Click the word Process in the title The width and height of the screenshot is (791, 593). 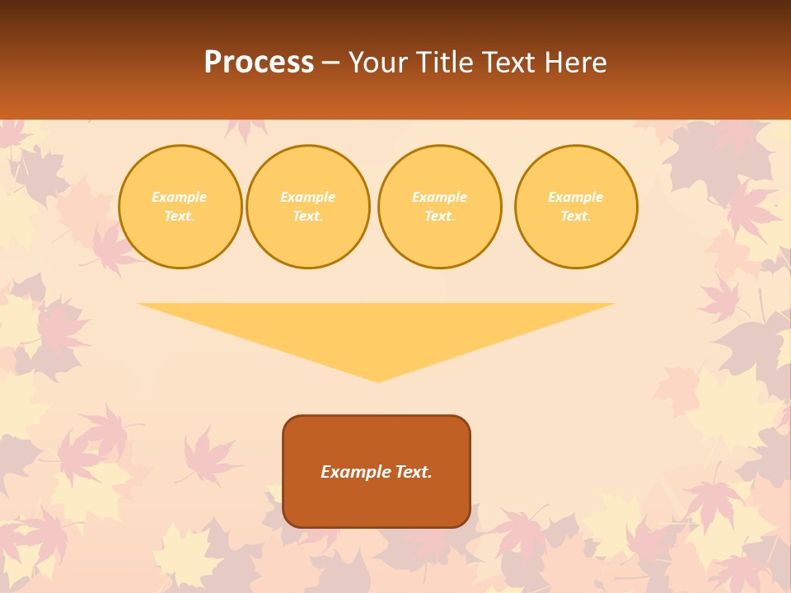(x=259, y=63)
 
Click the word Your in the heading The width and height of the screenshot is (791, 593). (x=377, y=63)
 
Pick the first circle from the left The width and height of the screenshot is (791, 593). (x=180, y=207)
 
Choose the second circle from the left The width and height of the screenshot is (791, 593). (x=308, y=207)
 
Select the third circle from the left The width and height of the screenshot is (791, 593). (x=439, y=207)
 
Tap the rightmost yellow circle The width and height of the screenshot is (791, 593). (x=576, y=207)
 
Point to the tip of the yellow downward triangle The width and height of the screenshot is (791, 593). (x=377, y=381)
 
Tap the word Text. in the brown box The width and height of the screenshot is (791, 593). (x=413, y=472)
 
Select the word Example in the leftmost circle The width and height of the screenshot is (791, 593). (x=180, y=197)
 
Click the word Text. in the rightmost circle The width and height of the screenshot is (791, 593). (x=576, y=217)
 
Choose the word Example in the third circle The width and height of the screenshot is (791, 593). (x=439, y=197)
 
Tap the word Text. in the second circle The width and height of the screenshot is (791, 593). (x=308, y=217)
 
